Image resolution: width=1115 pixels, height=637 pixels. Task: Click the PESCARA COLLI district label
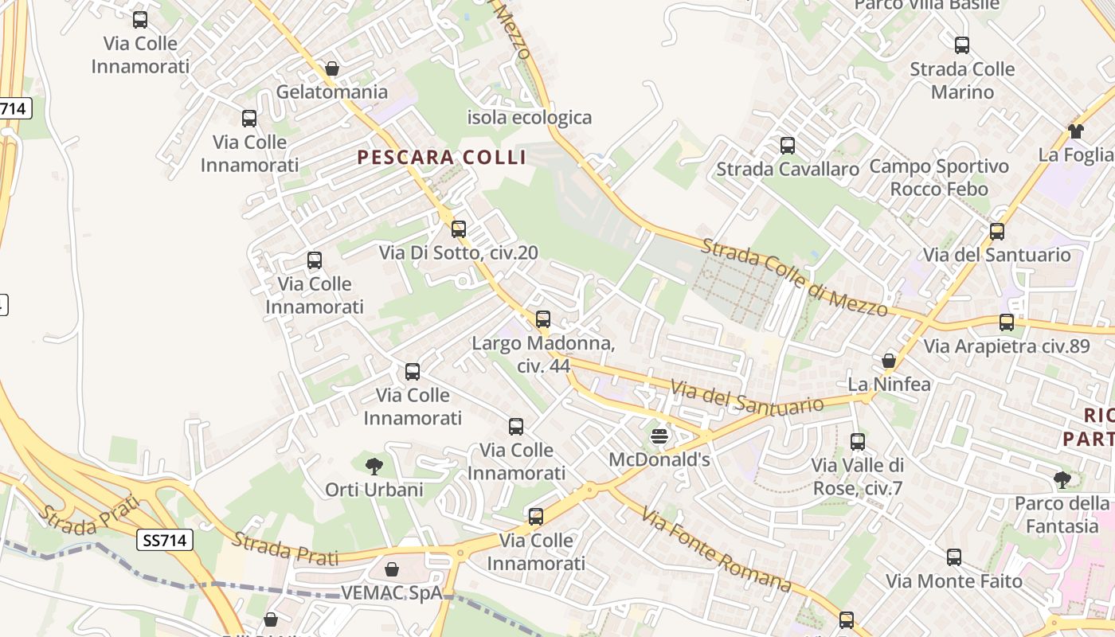click(x=442, y=157)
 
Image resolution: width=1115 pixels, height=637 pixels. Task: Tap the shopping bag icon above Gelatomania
click(x=332, y=69)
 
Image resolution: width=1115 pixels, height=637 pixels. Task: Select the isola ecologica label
click(x=530, y=118)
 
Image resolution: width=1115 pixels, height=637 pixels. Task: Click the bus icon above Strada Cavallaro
click(x=788, y=146)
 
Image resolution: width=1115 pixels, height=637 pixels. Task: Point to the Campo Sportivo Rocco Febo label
click(x=939, y=178)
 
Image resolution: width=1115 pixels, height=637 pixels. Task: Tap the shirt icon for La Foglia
click(x=1076, y=131)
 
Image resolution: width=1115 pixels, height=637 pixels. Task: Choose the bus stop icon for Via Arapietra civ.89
click(x=1007, y=322)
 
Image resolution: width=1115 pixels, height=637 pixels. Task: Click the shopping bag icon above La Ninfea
click(x=889, y=361)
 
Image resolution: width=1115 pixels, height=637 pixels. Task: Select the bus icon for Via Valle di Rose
click(x=858, y=442)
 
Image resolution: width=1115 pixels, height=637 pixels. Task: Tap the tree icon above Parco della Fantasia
click(x=1062, y=479)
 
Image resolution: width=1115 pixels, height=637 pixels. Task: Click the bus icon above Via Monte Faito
click(x=954, y=557)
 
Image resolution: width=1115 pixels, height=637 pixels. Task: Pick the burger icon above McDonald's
click(x=659, y=436)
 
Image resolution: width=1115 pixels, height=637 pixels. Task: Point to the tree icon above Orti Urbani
click(x=374, y=466)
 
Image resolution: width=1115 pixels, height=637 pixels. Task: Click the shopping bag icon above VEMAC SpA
click(x=392, y=569)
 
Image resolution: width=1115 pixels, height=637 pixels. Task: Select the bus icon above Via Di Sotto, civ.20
click(x=459, y=229)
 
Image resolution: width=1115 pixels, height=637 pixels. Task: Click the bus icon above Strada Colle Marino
click(x=962, y=45)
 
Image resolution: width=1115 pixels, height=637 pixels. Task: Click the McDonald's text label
click(x=659, y=459)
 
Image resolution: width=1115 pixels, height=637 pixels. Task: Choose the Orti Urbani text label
click(x=374, y=489)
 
